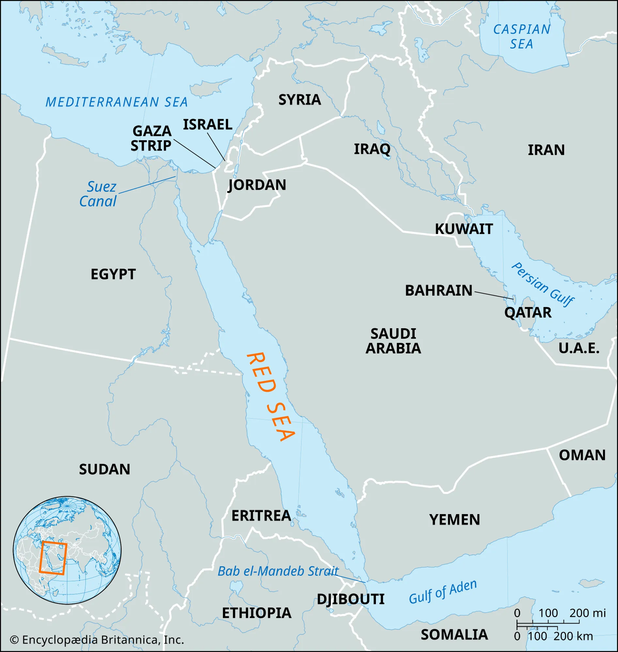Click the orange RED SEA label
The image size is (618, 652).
pyautogui.click(x=270, y=397)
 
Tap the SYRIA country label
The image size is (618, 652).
pyautogui.click(x=300, y=100)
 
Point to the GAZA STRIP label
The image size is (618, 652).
pyautogui.click(x=151, y=138)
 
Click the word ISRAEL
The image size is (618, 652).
pyautogui.click(x=208, y=125)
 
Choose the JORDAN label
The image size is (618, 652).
pyautogui.click(x=257, y=185)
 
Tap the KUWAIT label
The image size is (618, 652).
pyautogui.click(x=464, y=229)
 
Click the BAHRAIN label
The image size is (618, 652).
pyautogui.click(x=439, y=290)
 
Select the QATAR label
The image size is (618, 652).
pyautogui.click(x=528, y=312)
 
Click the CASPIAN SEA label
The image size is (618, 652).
pyautogui.click(x=521, y=37)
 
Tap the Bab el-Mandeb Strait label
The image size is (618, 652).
pyautogui.click(x=278, y=571)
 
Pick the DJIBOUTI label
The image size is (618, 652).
pyautogui.click(x=350, y=599)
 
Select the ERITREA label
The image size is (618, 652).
pyautogui.click(x=261, y=516)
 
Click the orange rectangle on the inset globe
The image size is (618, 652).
pyautogui.click(x=53, y=558)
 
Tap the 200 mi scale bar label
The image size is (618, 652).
pyautogui.click(x=587, y=613)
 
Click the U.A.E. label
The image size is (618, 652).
pyautogui.click(x=579, y=348)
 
